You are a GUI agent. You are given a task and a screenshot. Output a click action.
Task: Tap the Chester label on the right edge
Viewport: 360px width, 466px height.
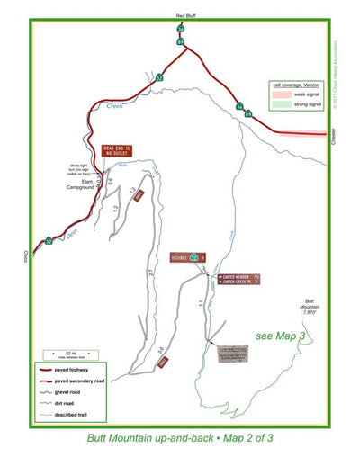click(334, 138)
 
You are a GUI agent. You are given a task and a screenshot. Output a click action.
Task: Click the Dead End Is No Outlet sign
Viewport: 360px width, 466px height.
click(117, 150)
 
